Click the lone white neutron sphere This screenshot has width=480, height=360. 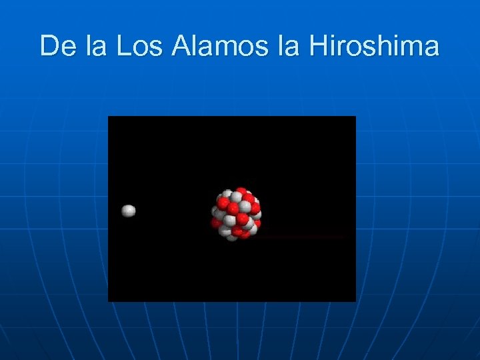129,211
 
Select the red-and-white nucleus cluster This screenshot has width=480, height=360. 236,214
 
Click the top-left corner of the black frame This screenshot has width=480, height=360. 109,117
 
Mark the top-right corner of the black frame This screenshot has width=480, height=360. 355,117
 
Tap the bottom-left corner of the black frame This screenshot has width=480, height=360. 109,301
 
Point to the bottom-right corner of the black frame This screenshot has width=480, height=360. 355,301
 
